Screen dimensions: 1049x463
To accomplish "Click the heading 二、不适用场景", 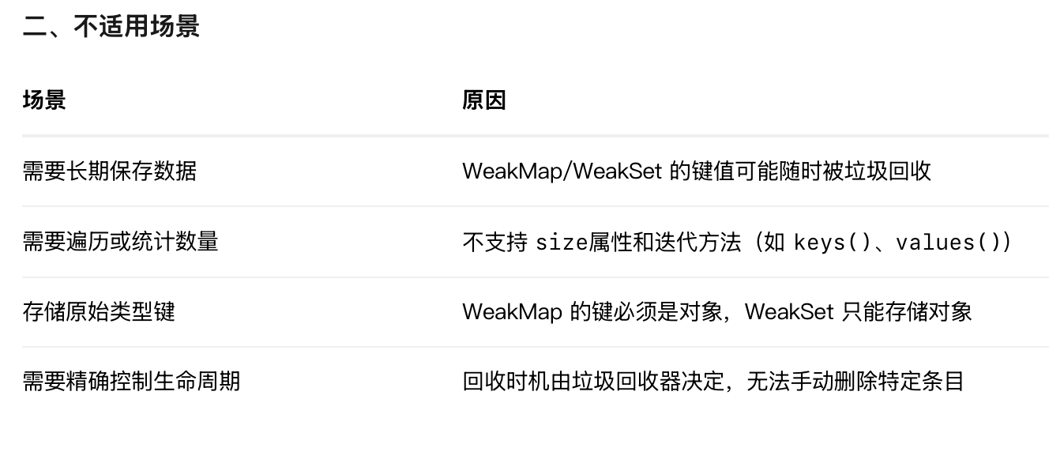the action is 111,27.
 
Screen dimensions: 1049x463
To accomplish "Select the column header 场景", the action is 44,100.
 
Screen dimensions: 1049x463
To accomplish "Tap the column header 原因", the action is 483,100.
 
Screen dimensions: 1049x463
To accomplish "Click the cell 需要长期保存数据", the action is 109,171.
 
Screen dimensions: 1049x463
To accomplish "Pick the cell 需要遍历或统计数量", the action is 120,241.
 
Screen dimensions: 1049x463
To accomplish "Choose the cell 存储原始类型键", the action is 99,311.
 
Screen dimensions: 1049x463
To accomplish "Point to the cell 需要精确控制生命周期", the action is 131,382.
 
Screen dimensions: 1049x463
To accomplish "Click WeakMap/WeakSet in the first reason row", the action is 562,171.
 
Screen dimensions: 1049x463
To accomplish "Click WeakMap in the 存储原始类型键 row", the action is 512,311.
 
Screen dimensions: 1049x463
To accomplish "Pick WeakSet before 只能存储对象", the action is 789,311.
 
